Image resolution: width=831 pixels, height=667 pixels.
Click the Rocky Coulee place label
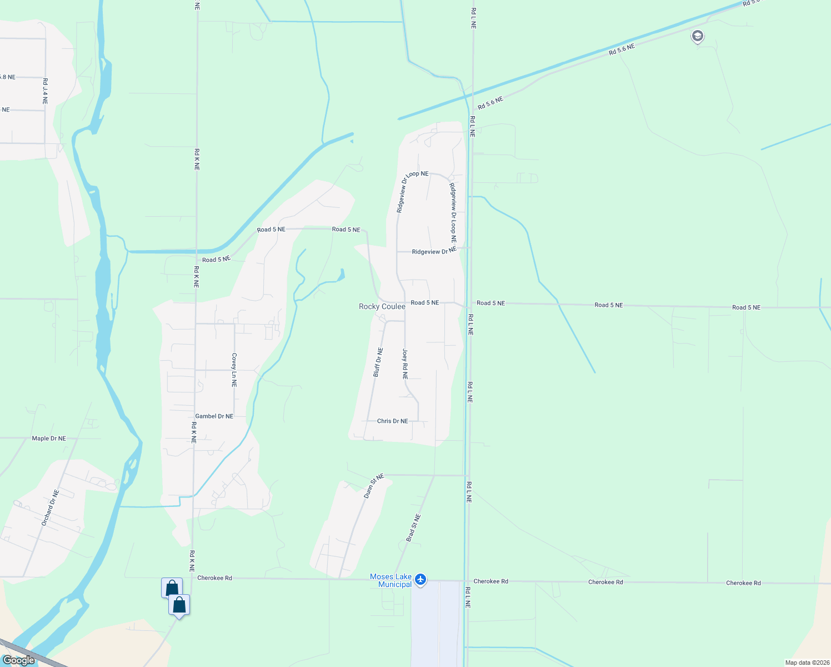(x=382, y=306)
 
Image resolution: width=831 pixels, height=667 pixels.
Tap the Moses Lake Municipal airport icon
(x=420, y=580)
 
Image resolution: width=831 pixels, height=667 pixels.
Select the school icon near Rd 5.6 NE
(x=697, y=37)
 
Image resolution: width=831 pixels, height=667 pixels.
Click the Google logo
(x=19, y=660)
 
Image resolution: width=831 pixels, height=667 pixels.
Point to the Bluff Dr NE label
(x=378, y=362)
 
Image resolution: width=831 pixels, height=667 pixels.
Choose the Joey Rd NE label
(x=405, y=364)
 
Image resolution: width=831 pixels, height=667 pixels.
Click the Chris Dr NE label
(x=392, y=421)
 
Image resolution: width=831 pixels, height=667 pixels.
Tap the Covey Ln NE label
(x=234, y=370)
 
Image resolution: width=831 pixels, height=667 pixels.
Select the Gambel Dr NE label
(x=214, y=416)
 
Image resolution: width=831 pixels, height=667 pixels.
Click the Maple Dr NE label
(x=49, y=439)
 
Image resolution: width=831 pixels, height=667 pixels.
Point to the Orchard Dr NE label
(x=50, y=508)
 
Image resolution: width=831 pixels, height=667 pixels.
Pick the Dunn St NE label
(x=374, y=486)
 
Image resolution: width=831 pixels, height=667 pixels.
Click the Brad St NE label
(x=413, y=528)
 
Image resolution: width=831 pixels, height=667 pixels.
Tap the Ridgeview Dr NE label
(x=434, y=251)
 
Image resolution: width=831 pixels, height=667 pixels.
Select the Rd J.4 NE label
(x=45, y=91)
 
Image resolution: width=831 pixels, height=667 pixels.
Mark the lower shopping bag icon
(x=179, y=605)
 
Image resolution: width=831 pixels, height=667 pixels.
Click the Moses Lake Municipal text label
(x=391, y=580)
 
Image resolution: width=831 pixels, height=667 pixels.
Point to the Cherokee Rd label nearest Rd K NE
(x=214, y=578)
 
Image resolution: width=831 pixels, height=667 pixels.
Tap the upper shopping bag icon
(x=172, y=588)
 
